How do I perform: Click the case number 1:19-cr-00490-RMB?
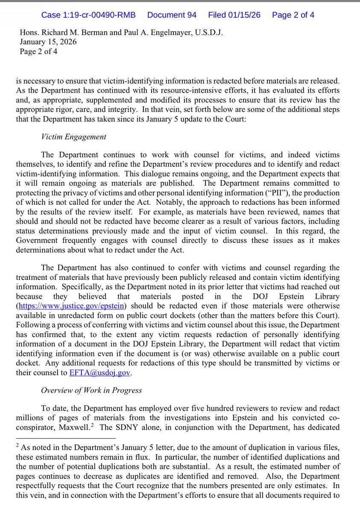pos(88,15)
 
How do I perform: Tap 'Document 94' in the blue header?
pos(172,15)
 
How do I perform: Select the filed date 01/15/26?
pos(234,15)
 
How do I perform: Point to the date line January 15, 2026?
pos(48,42)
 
